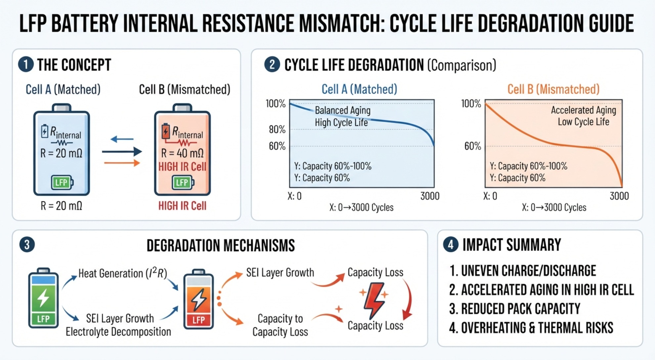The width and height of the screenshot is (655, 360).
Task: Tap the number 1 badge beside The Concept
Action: tap(26, 64)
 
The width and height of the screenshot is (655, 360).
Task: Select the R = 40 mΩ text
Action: tap(182, 153)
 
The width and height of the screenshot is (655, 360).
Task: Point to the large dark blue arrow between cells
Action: tap(122, 152)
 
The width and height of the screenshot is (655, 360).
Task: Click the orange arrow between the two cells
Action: tap(122, 163)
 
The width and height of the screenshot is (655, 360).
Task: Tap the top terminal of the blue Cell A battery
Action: tap(62, 108)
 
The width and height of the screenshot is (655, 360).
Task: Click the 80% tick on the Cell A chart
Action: tap(277, 129)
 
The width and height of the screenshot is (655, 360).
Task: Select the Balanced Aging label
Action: tap(343, 110)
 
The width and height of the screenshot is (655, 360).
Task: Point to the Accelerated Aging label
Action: tap(584, 110)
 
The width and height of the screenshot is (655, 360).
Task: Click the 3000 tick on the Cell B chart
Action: tap(619, 196)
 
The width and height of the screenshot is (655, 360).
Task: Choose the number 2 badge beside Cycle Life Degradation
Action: tap(272, 64)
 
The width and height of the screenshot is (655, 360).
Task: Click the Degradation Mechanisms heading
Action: tap(221, 246)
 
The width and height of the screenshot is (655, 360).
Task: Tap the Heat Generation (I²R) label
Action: tap(123, 273)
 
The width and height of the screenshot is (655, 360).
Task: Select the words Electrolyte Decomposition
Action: tap(118, 332)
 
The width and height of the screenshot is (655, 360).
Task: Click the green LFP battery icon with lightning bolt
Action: tap(43, 298)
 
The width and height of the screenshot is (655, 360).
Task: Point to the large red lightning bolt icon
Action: tap(374, 300)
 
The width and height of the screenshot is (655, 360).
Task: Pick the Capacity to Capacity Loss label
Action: tap(280, 325)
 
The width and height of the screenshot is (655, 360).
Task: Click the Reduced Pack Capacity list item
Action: tap(515, 309)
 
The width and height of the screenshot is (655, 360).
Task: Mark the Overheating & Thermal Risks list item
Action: tap(531, 328)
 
